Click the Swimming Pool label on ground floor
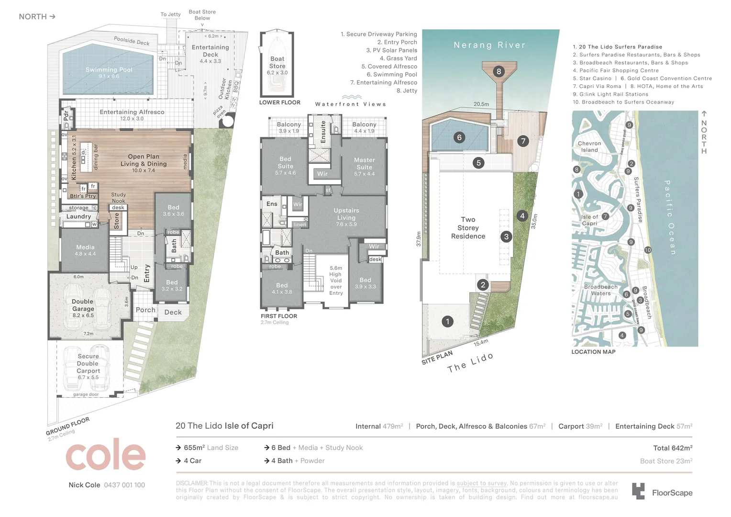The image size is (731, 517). point(109,70)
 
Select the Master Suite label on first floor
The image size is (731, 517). point(364,164)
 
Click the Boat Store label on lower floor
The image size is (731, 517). point(277,63)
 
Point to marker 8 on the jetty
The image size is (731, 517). point(498,72)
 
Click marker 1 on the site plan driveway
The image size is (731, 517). point(447,321)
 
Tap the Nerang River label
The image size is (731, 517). point(489,45)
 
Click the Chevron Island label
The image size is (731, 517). point(589,146)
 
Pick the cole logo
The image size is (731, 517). point(105,455)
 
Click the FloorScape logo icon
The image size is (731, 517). point(638,492)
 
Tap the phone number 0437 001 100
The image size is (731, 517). point(124,485)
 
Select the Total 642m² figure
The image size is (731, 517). point(672,448)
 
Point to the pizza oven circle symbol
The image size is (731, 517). point(227,121)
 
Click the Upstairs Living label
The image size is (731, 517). point(346,214)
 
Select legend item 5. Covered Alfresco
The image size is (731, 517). point(389,67)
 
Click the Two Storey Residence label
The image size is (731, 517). point(468,228)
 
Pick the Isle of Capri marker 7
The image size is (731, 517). point(605,216)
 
